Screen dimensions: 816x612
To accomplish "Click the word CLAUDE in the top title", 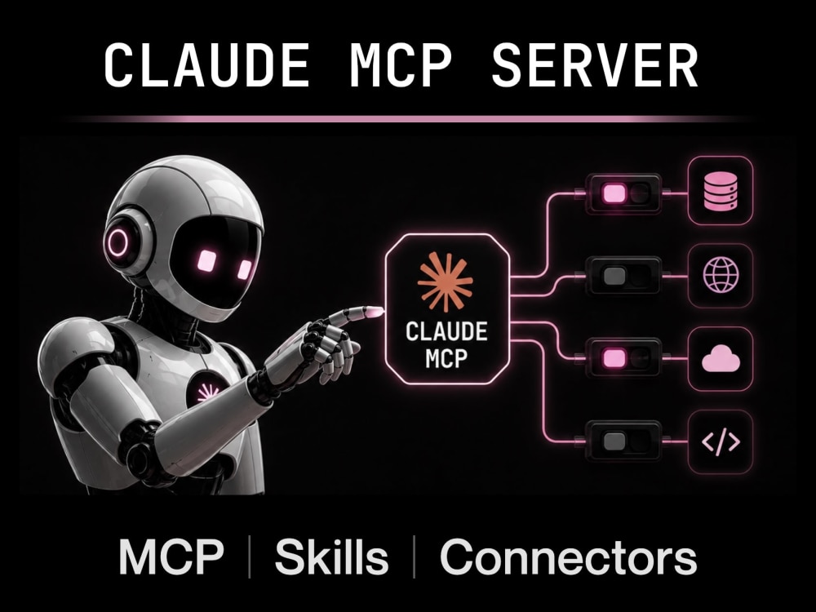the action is pyautogui.click(x=206, y=65).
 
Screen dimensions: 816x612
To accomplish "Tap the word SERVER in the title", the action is pyautogui.click(x=595, y=65).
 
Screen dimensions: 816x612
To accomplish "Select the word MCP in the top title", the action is pyautogui.click(x=401, y=65).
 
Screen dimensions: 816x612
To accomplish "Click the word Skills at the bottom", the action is pyautogui.click(x=331, y=557).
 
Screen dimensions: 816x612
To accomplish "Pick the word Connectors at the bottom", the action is pyautogui.click(x=568, y=557).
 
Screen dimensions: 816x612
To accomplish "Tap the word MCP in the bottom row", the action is pyautogui.click(x=171, y=557).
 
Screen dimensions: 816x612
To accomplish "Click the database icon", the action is pyautogui.click(x=721, y=192).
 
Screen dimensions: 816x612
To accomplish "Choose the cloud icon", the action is pyautogui.click(x=721, y=359).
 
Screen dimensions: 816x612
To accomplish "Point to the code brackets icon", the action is pyautogui.click(x=721, y=441).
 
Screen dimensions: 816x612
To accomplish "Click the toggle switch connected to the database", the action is pyautogui.click(x=624, y=193).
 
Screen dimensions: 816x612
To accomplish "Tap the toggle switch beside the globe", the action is pyautogui.click(x=624, y=276).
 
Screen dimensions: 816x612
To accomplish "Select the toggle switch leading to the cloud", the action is pyautogui.click(x=624, y=358).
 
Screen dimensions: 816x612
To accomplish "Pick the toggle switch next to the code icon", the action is pyautogui.click(x=624, y=441).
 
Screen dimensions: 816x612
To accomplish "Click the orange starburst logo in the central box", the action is pyautogui.click(x=446, y=282).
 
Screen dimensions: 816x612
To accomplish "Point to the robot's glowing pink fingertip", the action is pyautogui.click(x=375, y=311).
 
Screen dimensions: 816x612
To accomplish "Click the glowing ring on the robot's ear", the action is pyautogui.click(x=118, y=242).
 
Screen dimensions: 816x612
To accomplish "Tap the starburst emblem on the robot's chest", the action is pyautogui.click(x=207, y=393).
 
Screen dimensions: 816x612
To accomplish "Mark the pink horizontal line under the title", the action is pyautogui.click(x=408, y=119).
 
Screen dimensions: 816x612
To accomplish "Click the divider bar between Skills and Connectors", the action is pyautogui.click(x=415, y=557).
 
